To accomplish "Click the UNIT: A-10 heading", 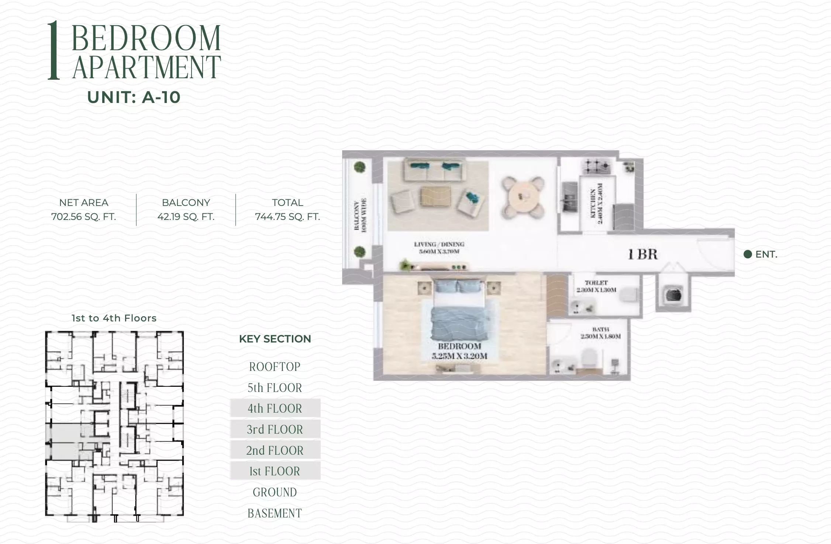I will coord(134,97).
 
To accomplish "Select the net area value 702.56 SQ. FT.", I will coord(83,217).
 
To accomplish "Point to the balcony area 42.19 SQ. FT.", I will coord(186,217).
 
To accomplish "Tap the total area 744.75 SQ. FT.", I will coord(287,217).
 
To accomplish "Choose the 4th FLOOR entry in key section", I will coord(275,408).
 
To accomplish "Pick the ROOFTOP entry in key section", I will coord(275,366).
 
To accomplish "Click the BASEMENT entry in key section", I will coord(275,513).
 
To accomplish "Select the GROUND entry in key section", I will coord(275,492).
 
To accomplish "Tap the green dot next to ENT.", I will coord(748,254).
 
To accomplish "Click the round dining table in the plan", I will coord(522,197).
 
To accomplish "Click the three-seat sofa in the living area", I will coord(434,171).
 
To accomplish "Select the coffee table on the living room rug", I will coord(435,197).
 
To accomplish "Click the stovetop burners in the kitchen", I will coord(596,167).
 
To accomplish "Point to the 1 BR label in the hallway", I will coord(643,254).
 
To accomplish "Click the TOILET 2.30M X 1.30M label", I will coord(596,286).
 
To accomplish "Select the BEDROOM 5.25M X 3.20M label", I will coord(459,351).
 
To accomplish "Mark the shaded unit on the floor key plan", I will coord(66,441).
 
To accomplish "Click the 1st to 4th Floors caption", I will coord(114,318).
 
